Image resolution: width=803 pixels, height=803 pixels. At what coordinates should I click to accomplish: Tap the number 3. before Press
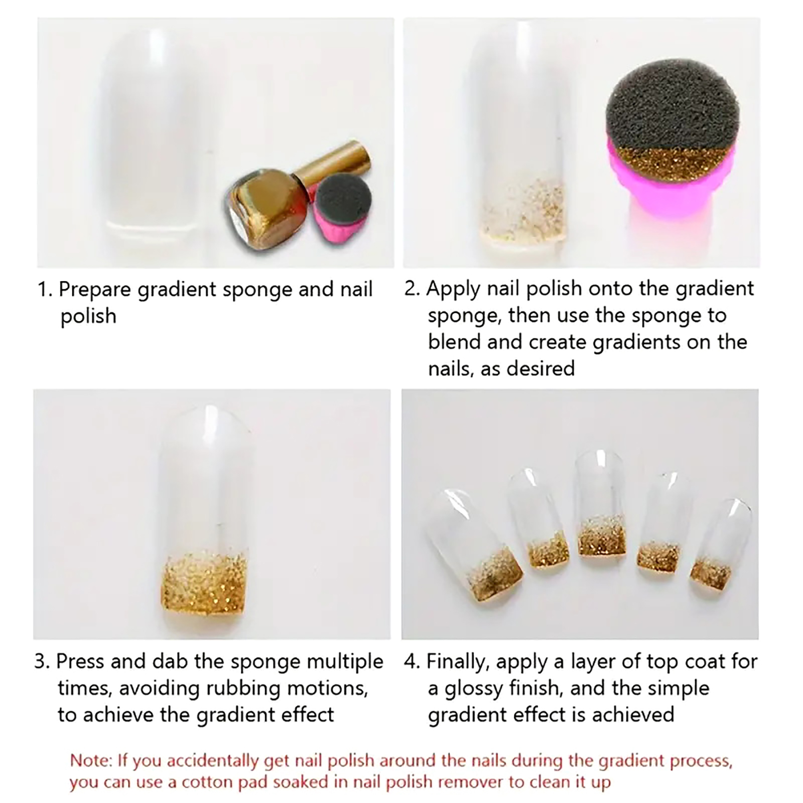42,661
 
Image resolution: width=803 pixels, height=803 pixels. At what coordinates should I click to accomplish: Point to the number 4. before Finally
412,661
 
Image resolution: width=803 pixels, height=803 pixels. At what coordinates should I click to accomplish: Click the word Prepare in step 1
95,291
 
